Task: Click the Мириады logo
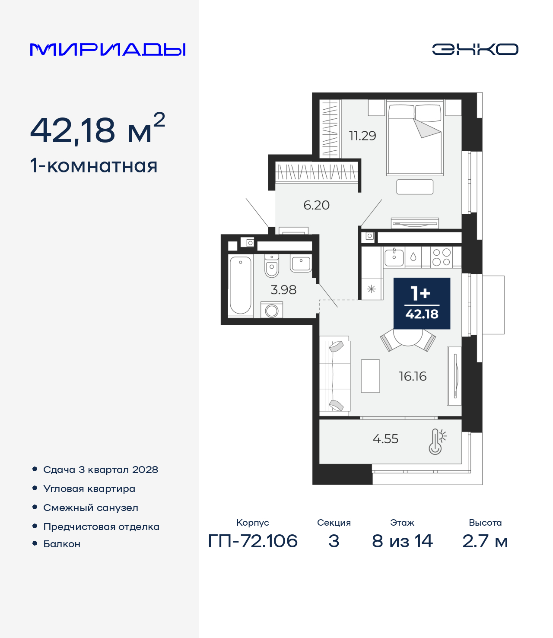pos(108,49)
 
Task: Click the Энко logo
pos(475,49)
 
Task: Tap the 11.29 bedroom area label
pos(362,136)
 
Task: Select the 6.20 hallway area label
pos(317,205)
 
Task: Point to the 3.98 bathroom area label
pos(283,290)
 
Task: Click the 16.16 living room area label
pos(413,376)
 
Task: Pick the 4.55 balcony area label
pos(385,438)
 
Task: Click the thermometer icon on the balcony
pos(437,441)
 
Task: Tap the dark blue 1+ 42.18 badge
pos(422,303)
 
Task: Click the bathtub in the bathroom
pos(241,285)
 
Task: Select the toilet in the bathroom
pos(272,266)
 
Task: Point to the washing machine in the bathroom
pos(272,310)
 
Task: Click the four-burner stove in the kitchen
pos(442,257)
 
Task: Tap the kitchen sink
pos(394,257)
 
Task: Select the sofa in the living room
pos(335,376)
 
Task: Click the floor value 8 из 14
pos(402,541)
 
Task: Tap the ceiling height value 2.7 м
pos(485,541)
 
